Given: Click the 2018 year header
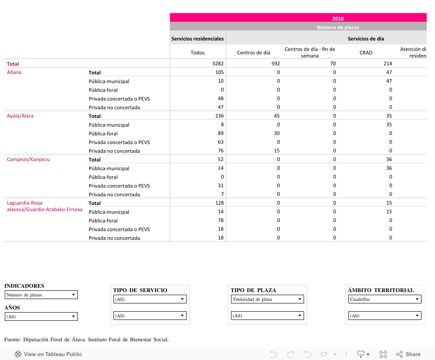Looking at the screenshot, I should tap(338, 18).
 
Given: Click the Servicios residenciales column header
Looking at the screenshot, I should tap(197, 39).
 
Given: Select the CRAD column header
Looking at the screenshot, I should tap(366, 53).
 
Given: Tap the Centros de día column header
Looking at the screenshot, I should tap(254, 53).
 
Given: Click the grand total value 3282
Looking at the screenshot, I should tap(217, 64).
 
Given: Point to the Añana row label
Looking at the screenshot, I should tap(14, 72).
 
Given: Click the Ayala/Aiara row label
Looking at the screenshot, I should tap(20, 116).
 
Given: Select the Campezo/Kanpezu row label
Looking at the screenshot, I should tap(28, 159).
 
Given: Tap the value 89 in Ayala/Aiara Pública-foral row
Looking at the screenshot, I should tap(221, 133).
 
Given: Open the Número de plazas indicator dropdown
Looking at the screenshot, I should tap(41, 295).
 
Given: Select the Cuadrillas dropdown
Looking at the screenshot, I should tap(385, 299).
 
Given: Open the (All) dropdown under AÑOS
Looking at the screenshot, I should tap(41, 316).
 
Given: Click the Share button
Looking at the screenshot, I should tap(408, 354).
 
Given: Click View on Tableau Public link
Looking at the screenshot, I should tap(48, 354).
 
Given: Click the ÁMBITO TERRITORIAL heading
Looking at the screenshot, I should tap(381, 290).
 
